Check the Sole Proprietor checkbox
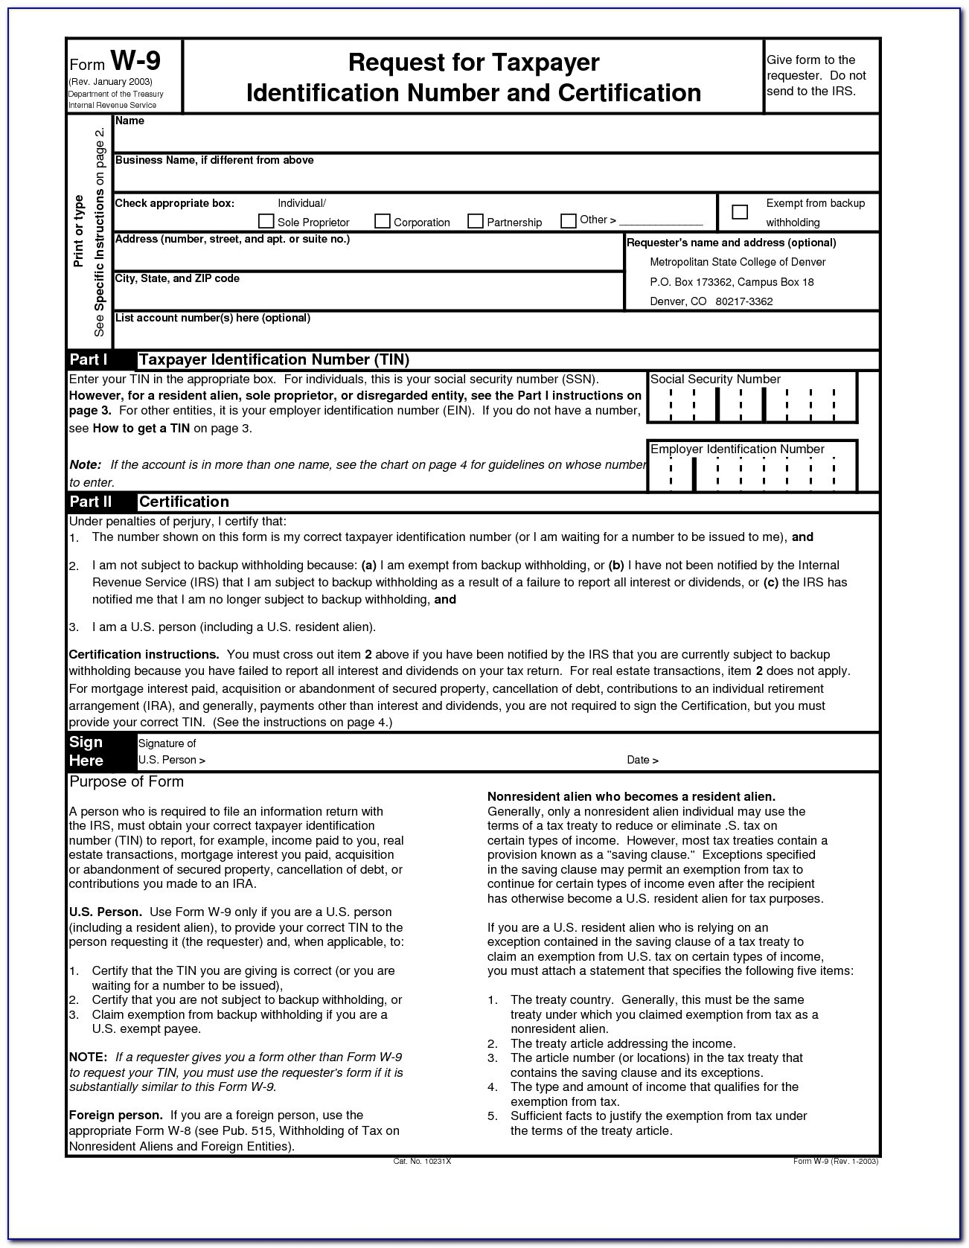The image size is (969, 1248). click(266, 221)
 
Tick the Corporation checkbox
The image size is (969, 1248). click(383, 221)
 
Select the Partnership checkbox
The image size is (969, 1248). click(476, 221)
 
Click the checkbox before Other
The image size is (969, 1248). click(569, 220)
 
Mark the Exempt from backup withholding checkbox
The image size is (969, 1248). click(740, 212)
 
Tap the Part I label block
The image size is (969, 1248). click(89, 359)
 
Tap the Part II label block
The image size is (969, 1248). click(91, 501)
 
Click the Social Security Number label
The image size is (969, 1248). click(715, 379)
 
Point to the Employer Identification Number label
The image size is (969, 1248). click(737, 449)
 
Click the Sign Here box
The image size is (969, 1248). click(86, 751)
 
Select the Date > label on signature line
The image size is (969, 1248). click(642, 760)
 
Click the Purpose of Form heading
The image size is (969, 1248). click(126, 781)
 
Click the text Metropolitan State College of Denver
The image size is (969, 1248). click(737, 262)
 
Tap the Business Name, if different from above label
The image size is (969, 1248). click(214, 160)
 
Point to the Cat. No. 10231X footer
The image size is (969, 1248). click(422, 1161)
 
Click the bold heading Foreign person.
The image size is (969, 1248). click(115, 1115)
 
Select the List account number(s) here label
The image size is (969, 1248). click(212, 318)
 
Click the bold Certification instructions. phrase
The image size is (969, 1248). click(144, 654)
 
